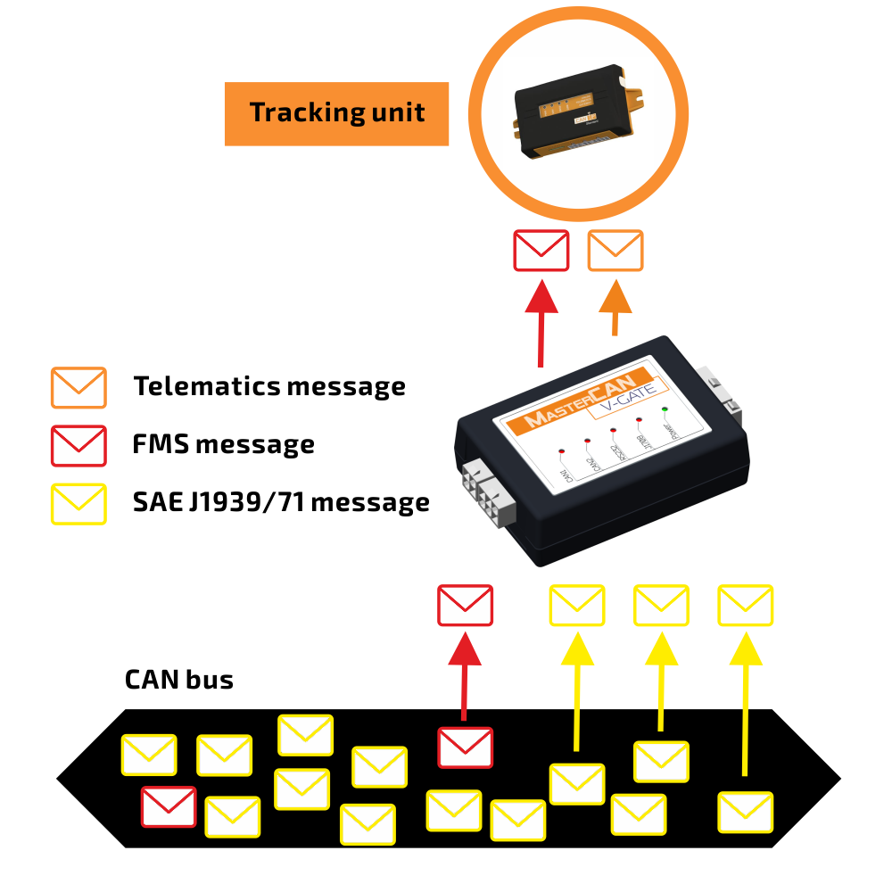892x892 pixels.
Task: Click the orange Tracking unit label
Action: [336, 113]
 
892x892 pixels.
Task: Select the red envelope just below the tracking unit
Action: [541, 251]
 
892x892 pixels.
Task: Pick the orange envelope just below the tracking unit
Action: [615, 251]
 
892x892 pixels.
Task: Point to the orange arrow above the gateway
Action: [615, 307]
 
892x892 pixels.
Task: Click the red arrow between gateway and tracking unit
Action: [541, 321]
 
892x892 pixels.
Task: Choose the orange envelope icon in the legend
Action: [78, 388]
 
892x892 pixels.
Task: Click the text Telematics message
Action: [269, 387]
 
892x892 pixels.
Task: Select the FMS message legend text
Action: [223, 444]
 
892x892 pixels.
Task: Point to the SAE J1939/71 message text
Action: [281, 503]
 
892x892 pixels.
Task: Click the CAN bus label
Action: [178, 680]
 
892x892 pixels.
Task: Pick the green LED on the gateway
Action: [665, 409]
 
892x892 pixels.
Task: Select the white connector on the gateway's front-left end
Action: [483, 496]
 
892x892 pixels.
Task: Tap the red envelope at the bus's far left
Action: [169, 806]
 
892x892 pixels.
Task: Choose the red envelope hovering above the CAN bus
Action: [465, 605]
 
